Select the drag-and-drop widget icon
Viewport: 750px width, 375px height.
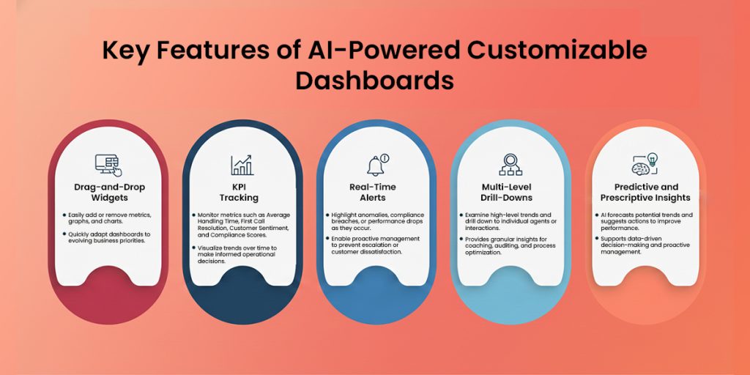coord(108,164)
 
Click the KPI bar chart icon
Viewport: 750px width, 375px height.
coord(242,164)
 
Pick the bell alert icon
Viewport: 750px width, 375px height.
coord(376,164)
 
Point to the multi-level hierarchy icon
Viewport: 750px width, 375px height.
coord(510,164)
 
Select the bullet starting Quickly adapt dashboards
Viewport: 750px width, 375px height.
coord(108,239)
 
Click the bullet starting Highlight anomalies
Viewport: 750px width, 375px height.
coord(376,223)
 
